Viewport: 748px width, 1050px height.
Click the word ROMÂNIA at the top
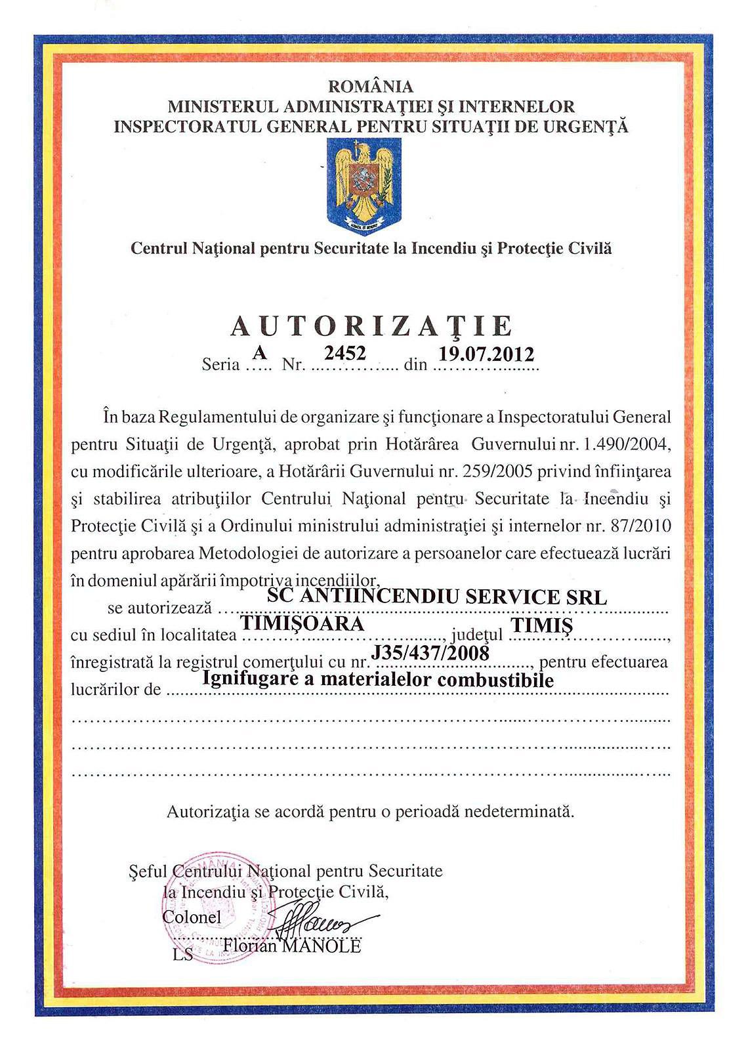point(371,87)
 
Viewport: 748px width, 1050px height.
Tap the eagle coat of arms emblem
point(364,186)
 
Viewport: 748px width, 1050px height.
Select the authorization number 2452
point(345,353)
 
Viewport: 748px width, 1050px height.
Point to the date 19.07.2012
point(486,354)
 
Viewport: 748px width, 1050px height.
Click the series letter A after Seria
point(260,353)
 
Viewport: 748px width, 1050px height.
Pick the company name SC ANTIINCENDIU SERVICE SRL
point(437,597)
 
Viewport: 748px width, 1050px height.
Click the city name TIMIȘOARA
point(302,623)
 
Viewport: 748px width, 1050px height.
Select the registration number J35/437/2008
point(430,652)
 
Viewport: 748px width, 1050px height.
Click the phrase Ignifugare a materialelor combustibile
point(379,679)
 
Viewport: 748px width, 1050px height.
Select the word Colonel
point(192,917)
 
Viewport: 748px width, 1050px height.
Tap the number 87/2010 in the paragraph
point(640,526)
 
